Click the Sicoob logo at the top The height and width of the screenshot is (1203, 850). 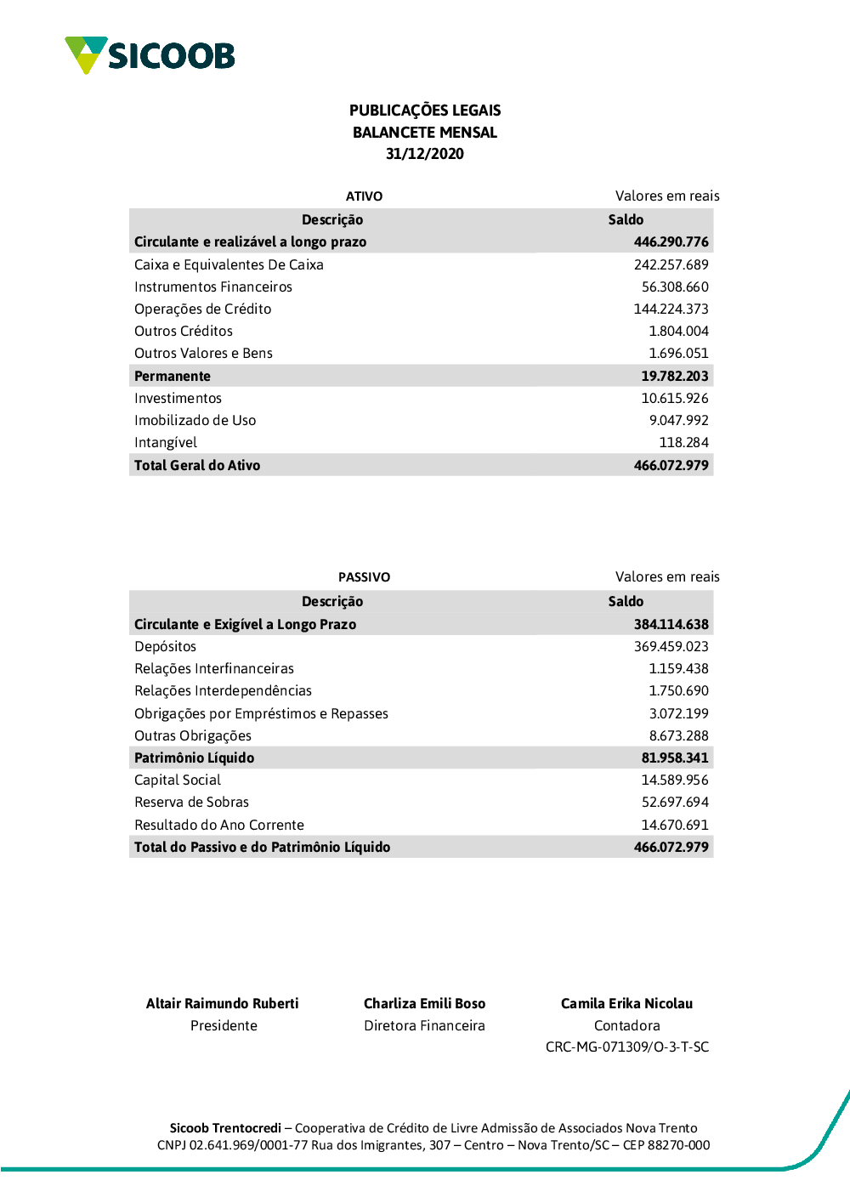point(150,55)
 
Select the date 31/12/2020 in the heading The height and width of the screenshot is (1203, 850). point(425,154)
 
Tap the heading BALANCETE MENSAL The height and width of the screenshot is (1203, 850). point(425,133)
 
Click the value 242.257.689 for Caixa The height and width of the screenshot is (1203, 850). point(671,265)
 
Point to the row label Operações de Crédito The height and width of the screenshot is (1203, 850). point(202,309)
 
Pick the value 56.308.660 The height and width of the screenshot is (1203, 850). point(675,287)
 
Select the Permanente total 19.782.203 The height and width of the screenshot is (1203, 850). point(674,376)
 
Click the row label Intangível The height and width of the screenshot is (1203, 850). point(166,443)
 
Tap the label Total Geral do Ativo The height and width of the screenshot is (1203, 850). point(197,465)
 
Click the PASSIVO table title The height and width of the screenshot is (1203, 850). point(364,577)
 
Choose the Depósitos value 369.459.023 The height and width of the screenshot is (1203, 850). point(671,647)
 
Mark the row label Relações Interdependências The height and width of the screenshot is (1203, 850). point(223,691)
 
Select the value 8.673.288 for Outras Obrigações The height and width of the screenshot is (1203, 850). point(678,736)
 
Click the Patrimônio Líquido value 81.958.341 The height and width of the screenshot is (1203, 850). point(674,758)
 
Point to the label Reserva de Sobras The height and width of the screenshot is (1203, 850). point(191,803)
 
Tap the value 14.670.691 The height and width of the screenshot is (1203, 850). point(674,825)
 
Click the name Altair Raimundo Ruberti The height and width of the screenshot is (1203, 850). point(223,1004)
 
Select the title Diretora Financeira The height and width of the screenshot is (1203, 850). point(424,1026)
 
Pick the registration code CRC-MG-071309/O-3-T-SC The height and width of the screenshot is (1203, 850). point(626,1047)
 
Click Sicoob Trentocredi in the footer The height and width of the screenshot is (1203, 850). point(225,1128)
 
